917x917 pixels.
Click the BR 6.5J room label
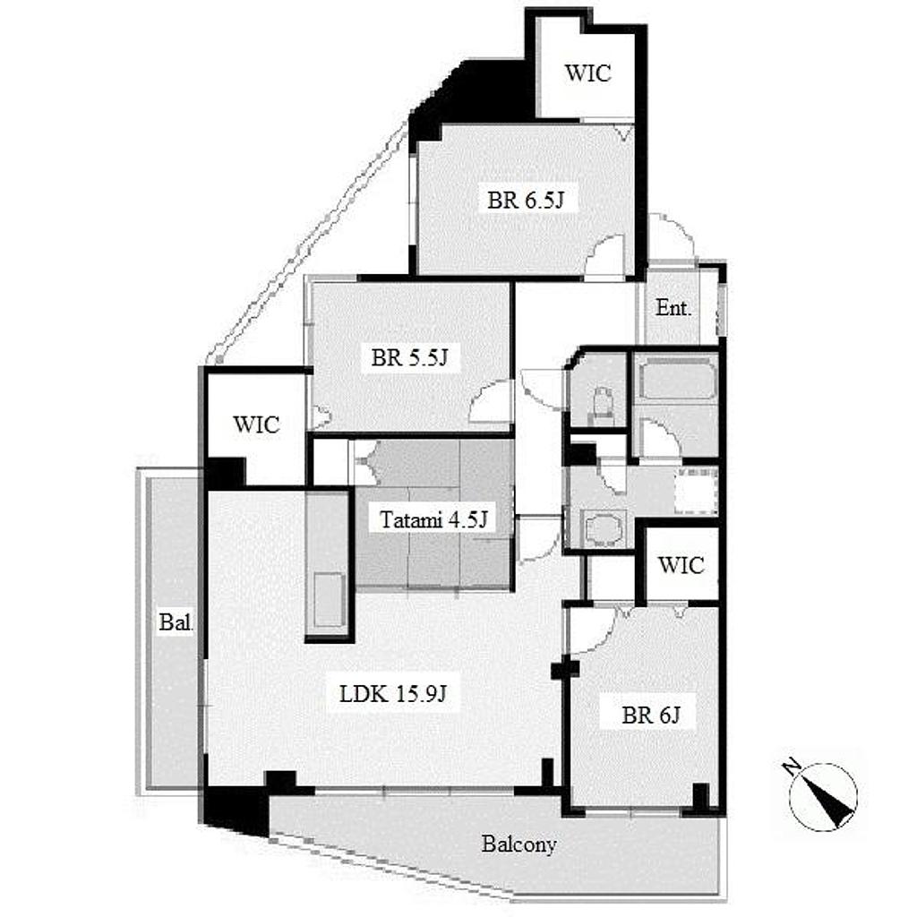pos(525,200)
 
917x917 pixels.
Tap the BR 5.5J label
pos(409,356)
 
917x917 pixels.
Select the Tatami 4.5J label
pos(433,518)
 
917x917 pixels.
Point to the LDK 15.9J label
pos(393,694)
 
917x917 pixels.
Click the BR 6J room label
pos(651,715)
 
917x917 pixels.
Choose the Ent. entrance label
pos(673,308)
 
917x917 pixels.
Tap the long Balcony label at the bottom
pos(518,844)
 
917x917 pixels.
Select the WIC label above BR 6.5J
pos(587,73)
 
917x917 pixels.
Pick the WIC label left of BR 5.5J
pos(256,424)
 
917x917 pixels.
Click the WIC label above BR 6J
pos(681,565)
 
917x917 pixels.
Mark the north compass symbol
pos(824,796)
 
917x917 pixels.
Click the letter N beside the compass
pos(793,767)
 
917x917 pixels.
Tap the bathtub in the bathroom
pos(675,379)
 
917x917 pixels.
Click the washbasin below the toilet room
pos(603,530)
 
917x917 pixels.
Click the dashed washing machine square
pos(696,490)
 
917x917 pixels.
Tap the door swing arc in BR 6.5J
pos(606,255)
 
